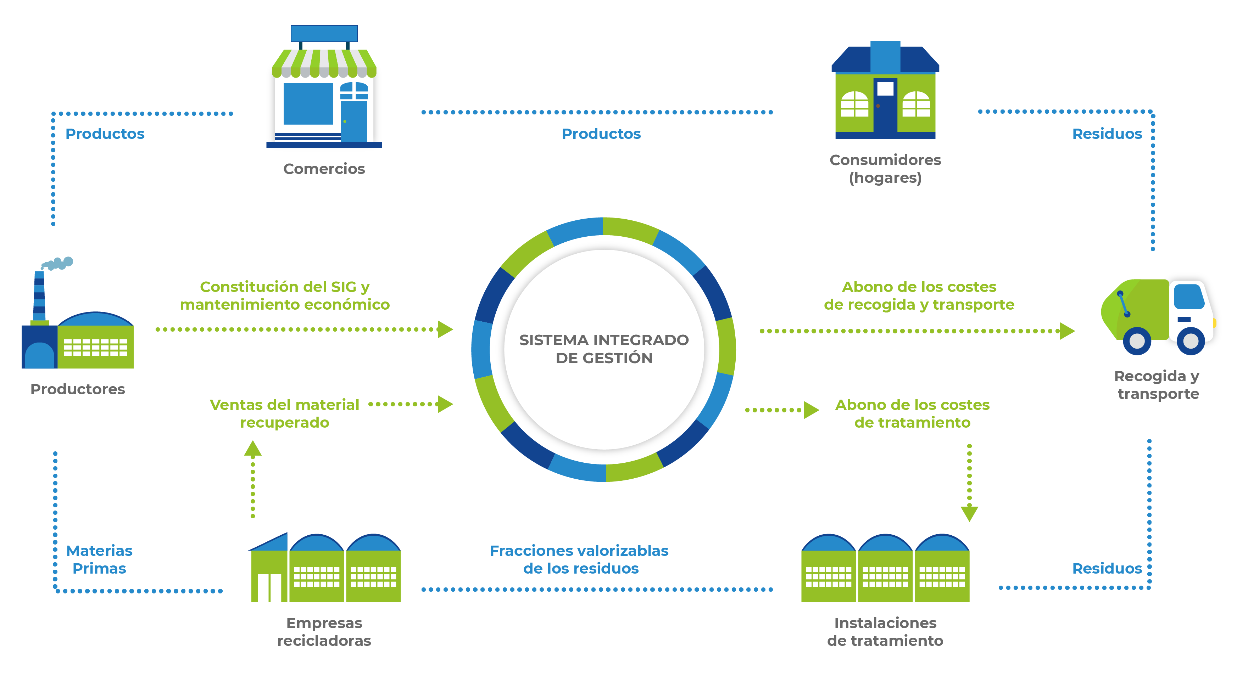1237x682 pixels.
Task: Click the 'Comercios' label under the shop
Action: (x=324, y=169)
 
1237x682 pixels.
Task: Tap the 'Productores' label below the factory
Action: (x=78, y=389)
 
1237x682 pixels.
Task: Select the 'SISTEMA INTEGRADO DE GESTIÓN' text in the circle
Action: (x=604, y=349)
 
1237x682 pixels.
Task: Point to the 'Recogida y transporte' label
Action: (x=1157, y=385)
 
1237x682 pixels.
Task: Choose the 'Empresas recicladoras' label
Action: (x=324, y=632)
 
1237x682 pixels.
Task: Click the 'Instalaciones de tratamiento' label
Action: (x=885, y=632)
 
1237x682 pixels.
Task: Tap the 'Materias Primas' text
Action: (x=99, y=560)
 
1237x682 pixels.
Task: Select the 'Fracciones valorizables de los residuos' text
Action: (x=579, y=560)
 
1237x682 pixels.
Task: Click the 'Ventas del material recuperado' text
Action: (x=284, y=414)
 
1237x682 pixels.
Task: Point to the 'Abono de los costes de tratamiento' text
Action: (x=912, y=414)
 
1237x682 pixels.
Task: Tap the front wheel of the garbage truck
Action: (x=1191, y=341)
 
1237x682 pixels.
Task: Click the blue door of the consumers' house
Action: (x=885, y=108)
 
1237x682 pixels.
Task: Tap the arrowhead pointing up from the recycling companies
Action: (x=252, y=449)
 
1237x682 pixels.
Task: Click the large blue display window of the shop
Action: (x=308, y=104)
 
